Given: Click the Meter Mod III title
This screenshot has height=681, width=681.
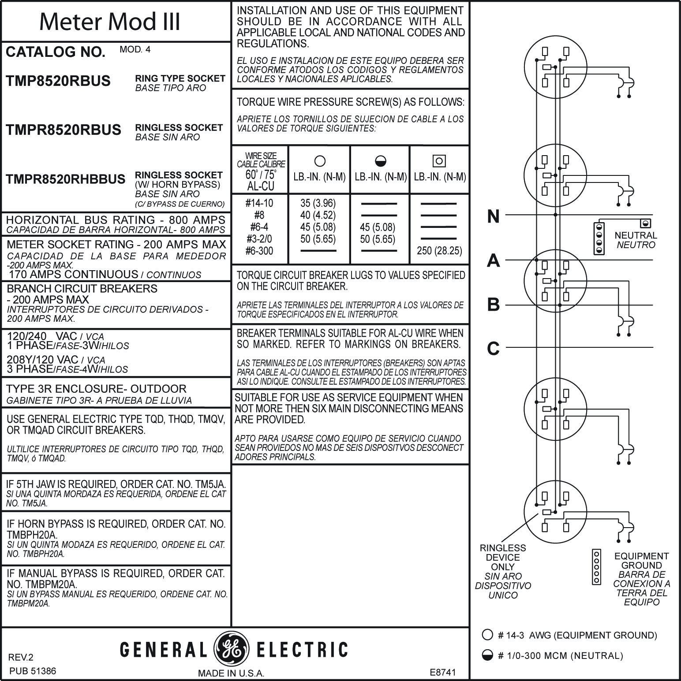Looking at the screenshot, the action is [110, 21].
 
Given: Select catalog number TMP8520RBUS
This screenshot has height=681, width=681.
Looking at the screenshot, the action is [58, 81].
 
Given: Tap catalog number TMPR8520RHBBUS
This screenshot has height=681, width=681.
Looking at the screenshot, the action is [66, 179].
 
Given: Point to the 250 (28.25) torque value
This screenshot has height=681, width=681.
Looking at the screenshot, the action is [439, 251].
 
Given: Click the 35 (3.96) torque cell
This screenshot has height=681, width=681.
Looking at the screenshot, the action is [318, 203].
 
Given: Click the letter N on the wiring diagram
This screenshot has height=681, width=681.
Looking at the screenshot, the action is [494, 216].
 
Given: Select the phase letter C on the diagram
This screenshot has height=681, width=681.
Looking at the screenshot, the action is [494, 349].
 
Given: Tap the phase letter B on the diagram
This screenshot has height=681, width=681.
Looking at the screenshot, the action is [494, 305].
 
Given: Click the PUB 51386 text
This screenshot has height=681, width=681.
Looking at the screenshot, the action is [32, 671].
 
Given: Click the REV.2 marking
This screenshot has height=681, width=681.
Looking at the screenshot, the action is [21, 658].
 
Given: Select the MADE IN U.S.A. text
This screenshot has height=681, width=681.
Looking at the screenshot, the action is [231, 673].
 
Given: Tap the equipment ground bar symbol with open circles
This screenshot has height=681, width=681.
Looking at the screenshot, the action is [597, 567].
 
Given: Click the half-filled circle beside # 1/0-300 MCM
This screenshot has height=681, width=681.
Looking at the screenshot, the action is [487, 655].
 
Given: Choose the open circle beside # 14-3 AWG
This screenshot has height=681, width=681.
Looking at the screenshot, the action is [487, 635].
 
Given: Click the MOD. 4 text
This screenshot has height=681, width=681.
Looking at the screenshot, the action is [135, 49].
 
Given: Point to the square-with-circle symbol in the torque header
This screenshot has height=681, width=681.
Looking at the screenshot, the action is [439, 161].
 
